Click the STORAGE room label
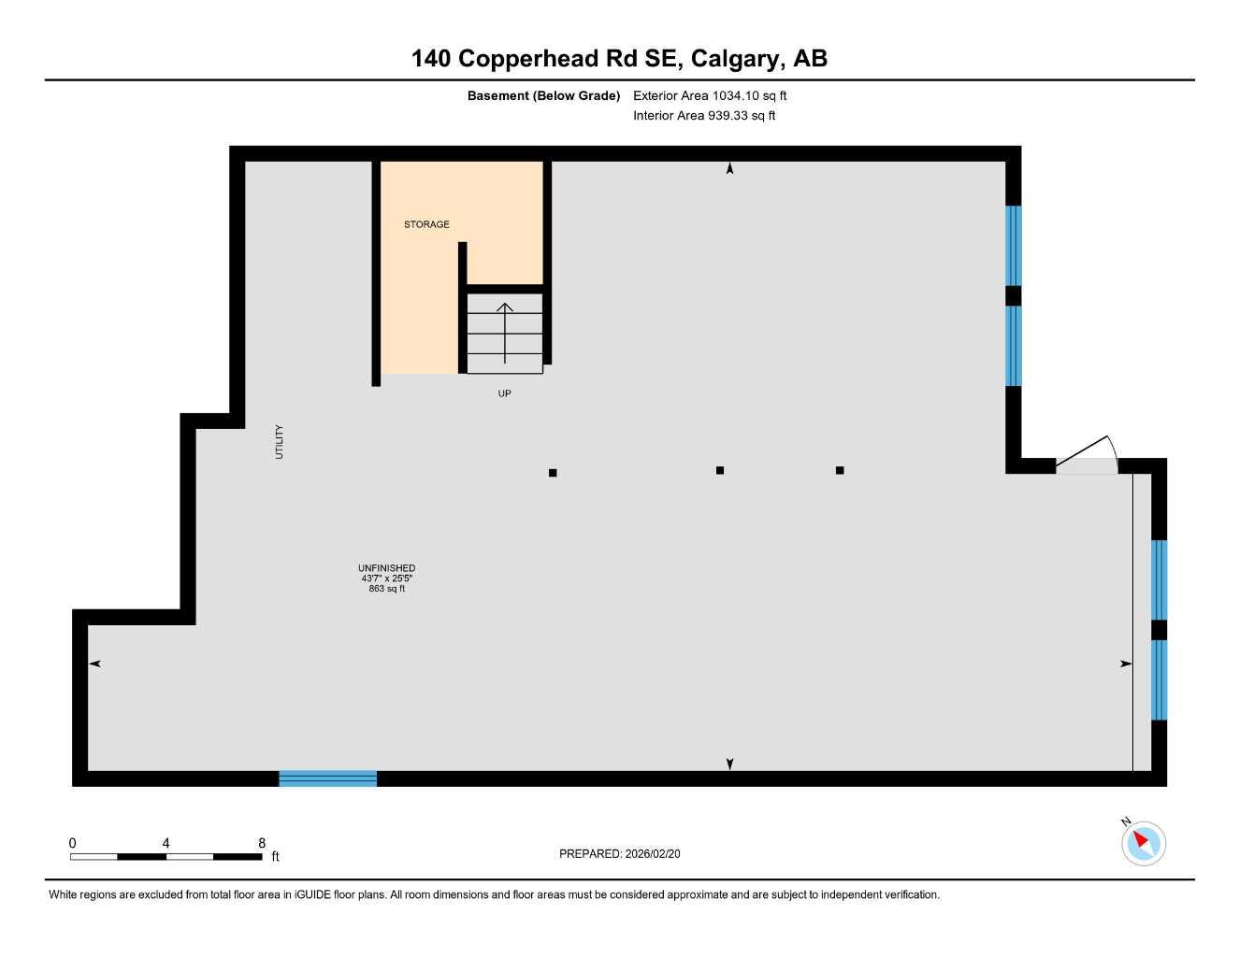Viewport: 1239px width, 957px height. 426,224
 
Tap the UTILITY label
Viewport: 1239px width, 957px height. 279,442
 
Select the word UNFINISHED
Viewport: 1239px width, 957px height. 386,568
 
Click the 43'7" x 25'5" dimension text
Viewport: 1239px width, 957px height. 386,578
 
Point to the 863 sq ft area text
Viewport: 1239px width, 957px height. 386,589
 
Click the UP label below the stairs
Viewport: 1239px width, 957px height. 504,393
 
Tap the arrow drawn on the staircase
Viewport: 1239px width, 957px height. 505,332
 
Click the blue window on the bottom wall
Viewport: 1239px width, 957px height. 327,778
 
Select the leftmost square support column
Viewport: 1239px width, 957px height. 553,473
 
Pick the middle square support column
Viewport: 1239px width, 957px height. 720,470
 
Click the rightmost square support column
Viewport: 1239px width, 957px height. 840,470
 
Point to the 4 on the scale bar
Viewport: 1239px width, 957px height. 166,843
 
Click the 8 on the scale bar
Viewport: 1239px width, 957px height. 262,843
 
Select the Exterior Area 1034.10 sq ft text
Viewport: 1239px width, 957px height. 710,95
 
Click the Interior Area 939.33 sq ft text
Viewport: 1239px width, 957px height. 704,116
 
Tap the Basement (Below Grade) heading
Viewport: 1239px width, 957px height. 543,95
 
